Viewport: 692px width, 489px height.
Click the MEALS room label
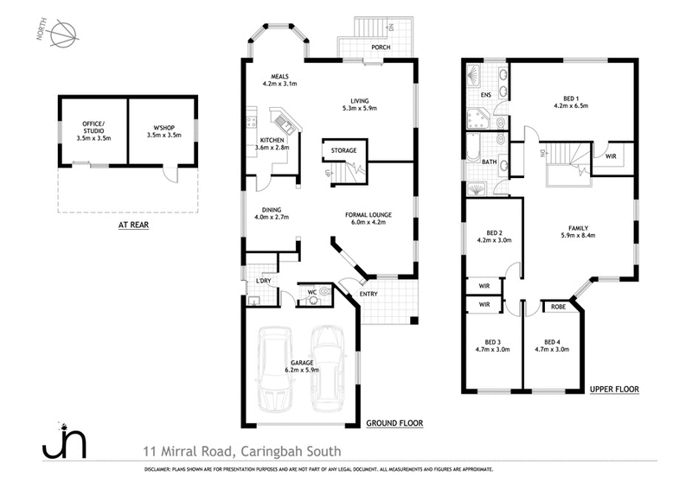(279, 76)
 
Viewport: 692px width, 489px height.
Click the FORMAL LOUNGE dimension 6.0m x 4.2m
(368, 220)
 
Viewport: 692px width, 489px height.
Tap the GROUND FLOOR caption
(394, 422)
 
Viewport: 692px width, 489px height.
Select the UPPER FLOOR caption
(614, 390)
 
